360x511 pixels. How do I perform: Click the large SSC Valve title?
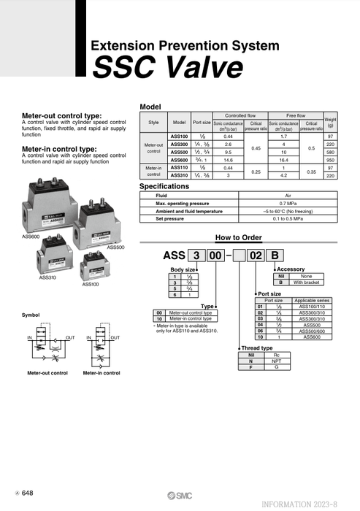coord(168,69)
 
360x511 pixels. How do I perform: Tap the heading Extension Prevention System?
coord(185,45)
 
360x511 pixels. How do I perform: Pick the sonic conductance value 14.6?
coord(228,160)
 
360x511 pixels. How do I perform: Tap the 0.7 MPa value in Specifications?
coord(286,203)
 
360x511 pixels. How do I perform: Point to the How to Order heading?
coord(238,237)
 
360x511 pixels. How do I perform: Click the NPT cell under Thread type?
coord(277,360)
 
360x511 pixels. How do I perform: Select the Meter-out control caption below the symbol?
coord(47,373)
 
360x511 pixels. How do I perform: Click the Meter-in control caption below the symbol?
coord(102,373)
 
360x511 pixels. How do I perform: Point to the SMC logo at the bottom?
coord(180,494)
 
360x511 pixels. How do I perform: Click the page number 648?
coord(27,493)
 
